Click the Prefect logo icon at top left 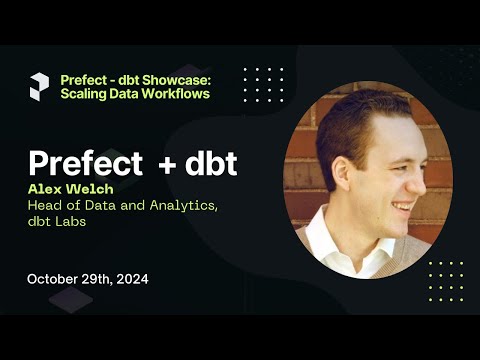38,86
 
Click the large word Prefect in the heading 87,163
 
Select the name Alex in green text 45,187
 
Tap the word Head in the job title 45,205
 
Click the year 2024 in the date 130,279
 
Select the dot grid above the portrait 264,84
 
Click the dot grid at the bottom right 445,279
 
